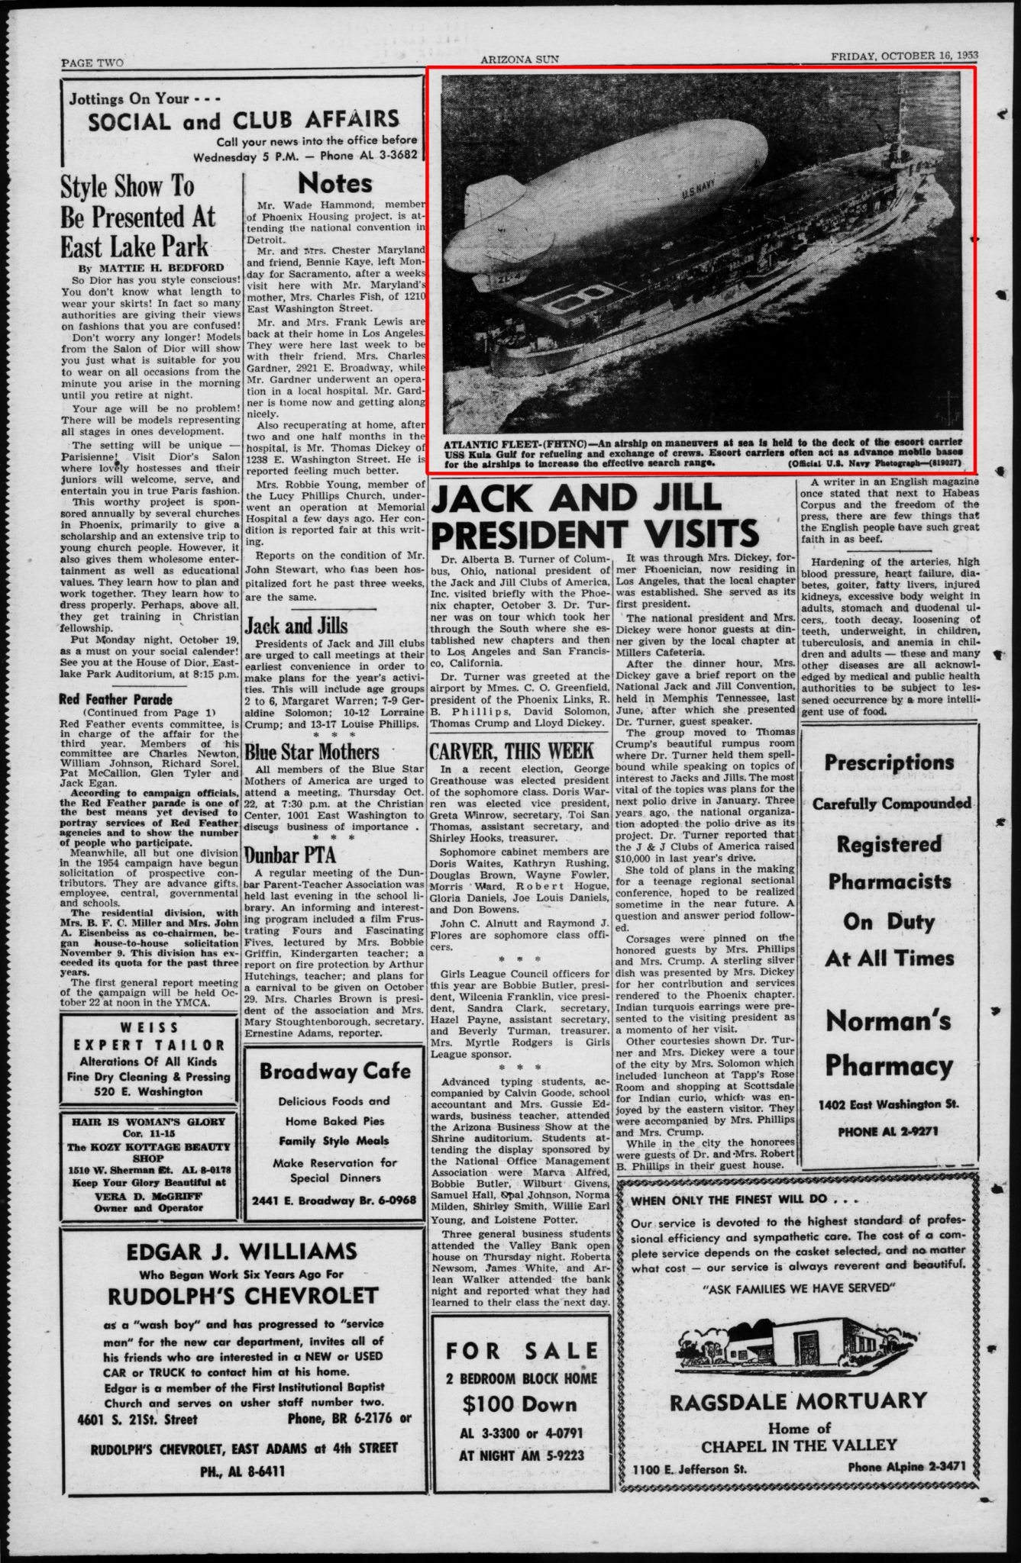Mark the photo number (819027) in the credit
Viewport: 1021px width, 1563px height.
(940, 462)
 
